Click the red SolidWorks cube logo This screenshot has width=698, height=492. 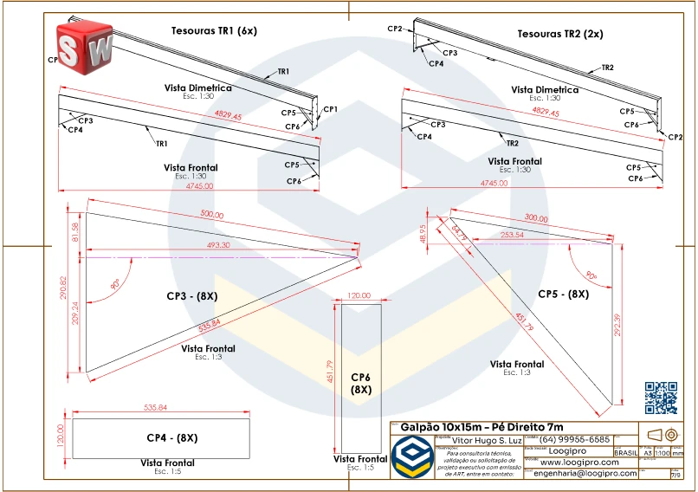coord(84,44)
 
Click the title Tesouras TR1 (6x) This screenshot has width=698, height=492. coord(215,31)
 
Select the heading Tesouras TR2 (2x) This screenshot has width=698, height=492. coord(560,34)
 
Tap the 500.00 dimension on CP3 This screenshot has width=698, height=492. coord(212,214)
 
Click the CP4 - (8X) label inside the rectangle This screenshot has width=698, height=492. coord(171,437)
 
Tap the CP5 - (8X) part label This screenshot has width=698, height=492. coord(563,295)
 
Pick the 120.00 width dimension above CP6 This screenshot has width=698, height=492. coord(359,296)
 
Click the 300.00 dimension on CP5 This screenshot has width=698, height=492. coord(537,218)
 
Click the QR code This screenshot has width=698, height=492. coord(662,398)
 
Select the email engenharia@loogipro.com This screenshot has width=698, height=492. coord(585,474)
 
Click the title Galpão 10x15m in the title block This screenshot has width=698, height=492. coord(481,427)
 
